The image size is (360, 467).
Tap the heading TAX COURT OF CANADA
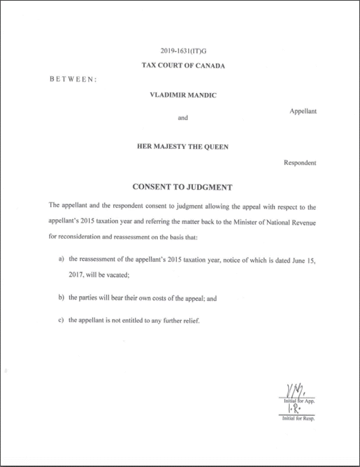pyautogui.click(x=183, y=66)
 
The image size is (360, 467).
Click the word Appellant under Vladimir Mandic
pyautogui.click(x=303, y=112)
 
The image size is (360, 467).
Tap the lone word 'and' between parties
pyautogui.click(x=183, y=118)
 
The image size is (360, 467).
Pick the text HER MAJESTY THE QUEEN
pyautogui.click(x=183, y=147)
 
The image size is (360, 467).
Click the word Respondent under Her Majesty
pyautogui.click(x=300, y=163)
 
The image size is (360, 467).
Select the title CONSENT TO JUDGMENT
pyautogui.click(x=183, y=188)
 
